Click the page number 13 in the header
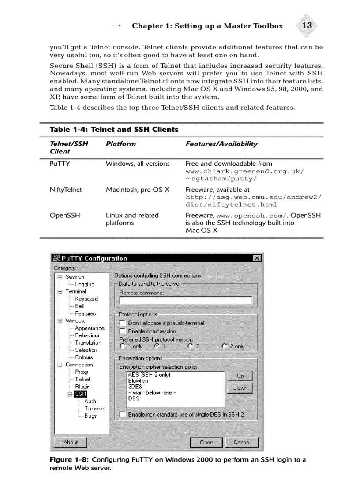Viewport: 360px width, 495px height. click(x=307, y=26)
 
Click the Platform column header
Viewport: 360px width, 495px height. click(x=120, y=144)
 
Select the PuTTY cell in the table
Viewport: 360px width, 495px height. click(x=60, y=164)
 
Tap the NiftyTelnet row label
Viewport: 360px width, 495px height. click(x=66, y=190)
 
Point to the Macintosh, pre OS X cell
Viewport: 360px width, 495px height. click(x=137, y=190)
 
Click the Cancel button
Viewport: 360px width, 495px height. click(x=242, y=442)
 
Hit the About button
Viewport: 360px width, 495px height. click(x=71, y=442)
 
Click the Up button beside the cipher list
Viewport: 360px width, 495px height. click(x=240, y=376)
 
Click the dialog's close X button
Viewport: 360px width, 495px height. click(x=257, y=258)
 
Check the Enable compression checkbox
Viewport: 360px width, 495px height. click(x=123, y=331)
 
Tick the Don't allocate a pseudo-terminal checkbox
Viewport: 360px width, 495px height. click(x=123, y=323)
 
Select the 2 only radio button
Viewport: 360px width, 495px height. click(x=225, y=346)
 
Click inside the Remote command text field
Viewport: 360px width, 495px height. click(x=186, y=301)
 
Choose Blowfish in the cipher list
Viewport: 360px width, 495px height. click(x=138, y=380)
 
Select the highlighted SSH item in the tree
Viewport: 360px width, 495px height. click(x=80, y=394)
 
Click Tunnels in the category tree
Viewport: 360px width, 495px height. click(x=94, y=409)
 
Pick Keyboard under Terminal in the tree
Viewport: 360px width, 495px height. click(x=86, y=299)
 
